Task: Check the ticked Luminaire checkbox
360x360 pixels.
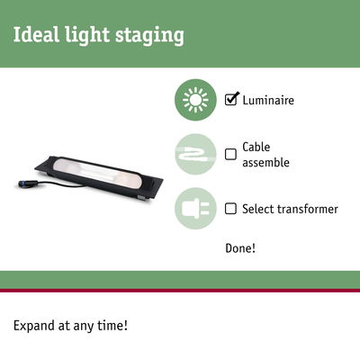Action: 230,100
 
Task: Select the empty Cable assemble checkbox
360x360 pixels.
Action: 230,154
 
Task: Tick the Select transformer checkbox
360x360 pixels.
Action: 230,209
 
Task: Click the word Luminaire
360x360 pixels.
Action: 268,101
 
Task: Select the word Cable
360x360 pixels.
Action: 256,147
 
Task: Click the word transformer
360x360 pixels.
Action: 307,209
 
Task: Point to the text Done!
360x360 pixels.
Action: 240,247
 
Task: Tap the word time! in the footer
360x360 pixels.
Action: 112,324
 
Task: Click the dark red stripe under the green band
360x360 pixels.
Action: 180,290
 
